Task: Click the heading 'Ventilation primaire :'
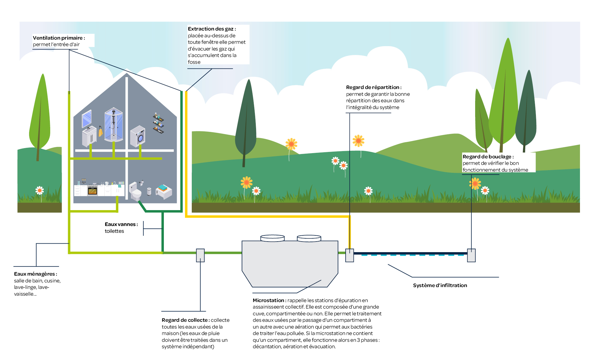tap(59, 38)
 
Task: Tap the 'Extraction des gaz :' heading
tap(212, 29)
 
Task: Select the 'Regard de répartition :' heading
tap(374, 87)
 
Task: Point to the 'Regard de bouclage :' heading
tap(488, 157)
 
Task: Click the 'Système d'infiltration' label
tap(440, 285)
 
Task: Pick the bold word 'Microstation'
tap(268, 300)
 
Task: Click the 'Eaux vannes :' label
tap(121, 224)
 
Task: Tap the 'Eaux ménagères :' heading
tap(36, 274)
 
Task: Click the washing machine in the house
tap(138, 136)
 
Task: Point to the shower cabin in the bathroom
tap(113, 125)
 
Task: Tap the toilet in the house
tap(135, 192)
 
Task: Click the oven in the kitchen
tap(93, 191)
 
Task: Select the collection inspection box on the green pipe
tap(200, 255)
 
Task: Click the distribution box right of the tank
tap(349, 255)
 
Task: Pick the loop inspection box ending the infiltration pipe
tap(471, 255)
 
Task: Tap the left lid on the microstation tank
tap(272, 238)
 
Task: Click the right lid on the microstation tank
tap(309, 238)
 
